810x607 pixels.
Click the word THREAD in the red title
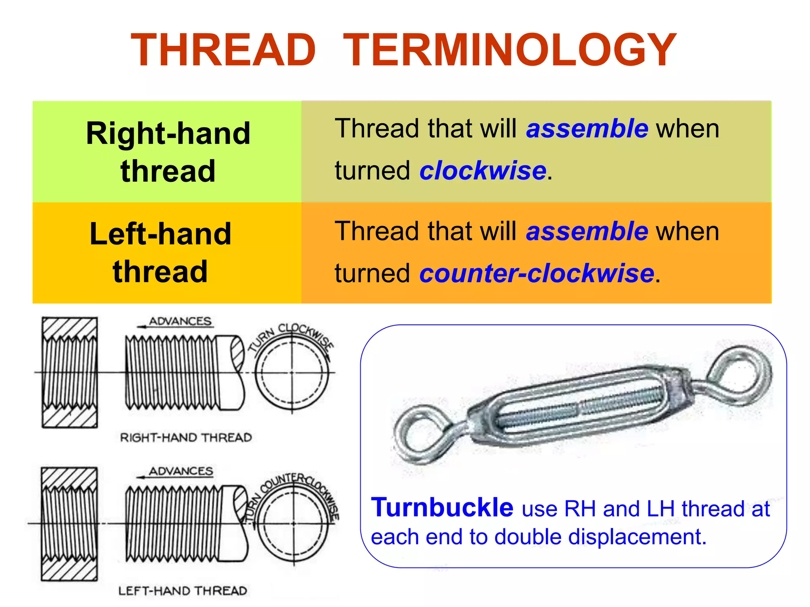click(223, 50)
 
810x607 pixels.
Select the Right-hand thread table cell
click(168, 152)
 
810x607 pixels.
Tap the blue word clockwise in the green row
click(483, 171)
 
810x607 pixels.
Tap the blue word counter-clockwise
click(536, 273)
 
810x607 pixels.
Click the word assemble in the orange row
click(587, 231)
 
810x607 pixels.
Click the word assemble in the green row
click(587, 129)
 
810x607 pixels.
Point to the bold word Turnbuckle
click(442, 507)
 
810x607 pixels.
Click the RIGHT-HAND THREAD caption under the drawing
click(186, 437)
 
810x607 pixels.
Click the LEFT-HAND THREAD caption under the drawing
click(183, 591)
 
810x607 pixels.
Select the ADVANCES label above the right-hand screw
click(180, 321)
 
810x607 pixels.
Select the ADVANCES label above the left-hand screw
click(181, 471)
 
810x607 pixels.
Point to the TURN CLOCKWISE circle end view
click(292, 373)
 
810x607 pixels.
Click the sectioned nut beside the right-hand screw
click(70, 373)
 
